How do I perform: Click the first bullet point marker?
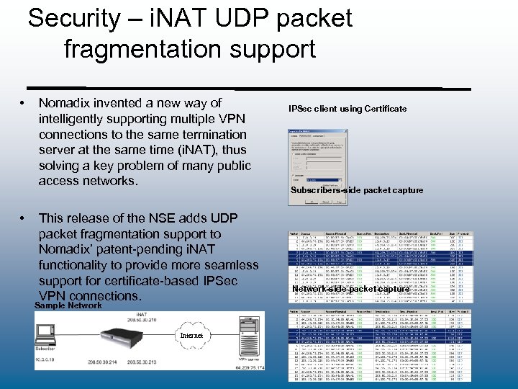click(24, 104)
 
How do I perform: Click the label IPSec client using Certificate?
click(347, 109)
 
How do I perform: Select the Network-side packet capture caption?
click(351, 289)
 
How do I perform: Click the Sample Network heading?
click(68, 305)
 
